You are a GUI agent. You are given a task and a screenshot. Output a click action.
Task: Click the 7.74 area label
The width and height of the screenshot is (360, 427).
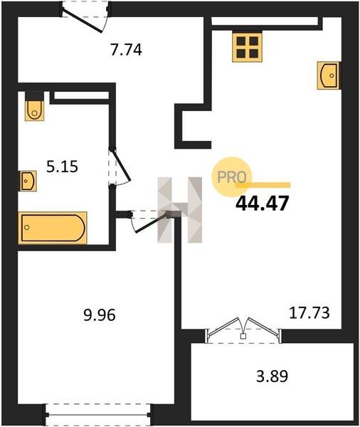pyautogui.click(x=126, y=50)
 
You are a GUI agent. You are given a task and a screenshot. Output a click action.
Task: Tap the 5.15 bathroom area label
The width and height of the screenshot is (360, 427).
pyautogui.click(x=63, y=167)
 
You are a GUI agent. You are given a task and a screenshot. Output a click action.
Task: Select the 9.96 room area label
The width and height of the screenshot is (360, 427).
pyautogui.click(x=100, y=315)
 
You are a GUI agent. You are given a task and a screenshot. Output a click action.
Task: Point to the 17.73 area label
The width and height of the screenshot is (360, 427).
pyautogui.click(x=309, y=313)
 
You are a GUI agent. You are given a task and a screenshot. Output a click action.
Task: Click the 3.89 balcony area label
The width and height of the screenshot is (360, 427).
pyautogui.click(x=272, y=376)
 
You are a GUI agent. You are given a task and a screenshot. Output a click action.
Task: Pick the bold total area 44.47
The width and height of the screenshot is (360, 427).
pyautogui.click(x=262, y=204)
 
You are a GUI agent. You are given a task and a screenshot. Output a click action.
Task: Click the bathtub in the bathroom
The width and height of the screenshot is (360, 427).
pyautogui.click(x=53, y=228)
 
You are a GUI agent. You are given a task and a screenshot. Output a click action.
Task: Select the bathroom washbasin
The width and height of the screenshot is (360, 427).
pyautogui.click(x=28, y=181)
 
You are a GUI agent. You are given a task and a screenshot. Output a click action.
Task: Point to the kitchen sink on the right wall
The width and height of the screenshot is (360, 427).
pyautogui.click(x=329, y=75)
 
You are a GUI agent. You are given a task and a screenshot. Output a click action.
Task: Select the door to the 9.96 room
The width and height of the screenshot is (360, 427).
pyautogui.click(x=151, y=221)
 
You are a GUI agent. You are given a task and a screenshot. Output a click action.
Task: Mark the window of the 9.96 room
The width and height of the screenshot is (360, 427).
pyautogui.click(x=97, y=414)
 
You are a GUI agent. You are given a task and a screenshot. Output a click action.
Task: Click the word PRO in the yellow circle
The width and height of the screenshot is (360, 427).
pyautogui.click(x=232, y=177)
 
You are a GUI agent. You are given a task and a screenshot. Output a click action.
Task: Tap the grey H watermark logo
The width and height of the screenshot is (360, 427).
pyautogui.click(x=180, y=210)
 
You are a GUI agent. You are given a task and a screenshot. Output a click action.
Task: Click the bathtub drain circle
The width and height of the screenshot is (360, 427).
pyautogui.click(x=27, y=228)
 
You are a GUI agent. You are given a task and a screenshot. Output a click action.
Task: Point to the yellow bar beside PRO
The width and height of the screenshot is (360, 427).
pyautogui.click(x=263, y=185)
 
